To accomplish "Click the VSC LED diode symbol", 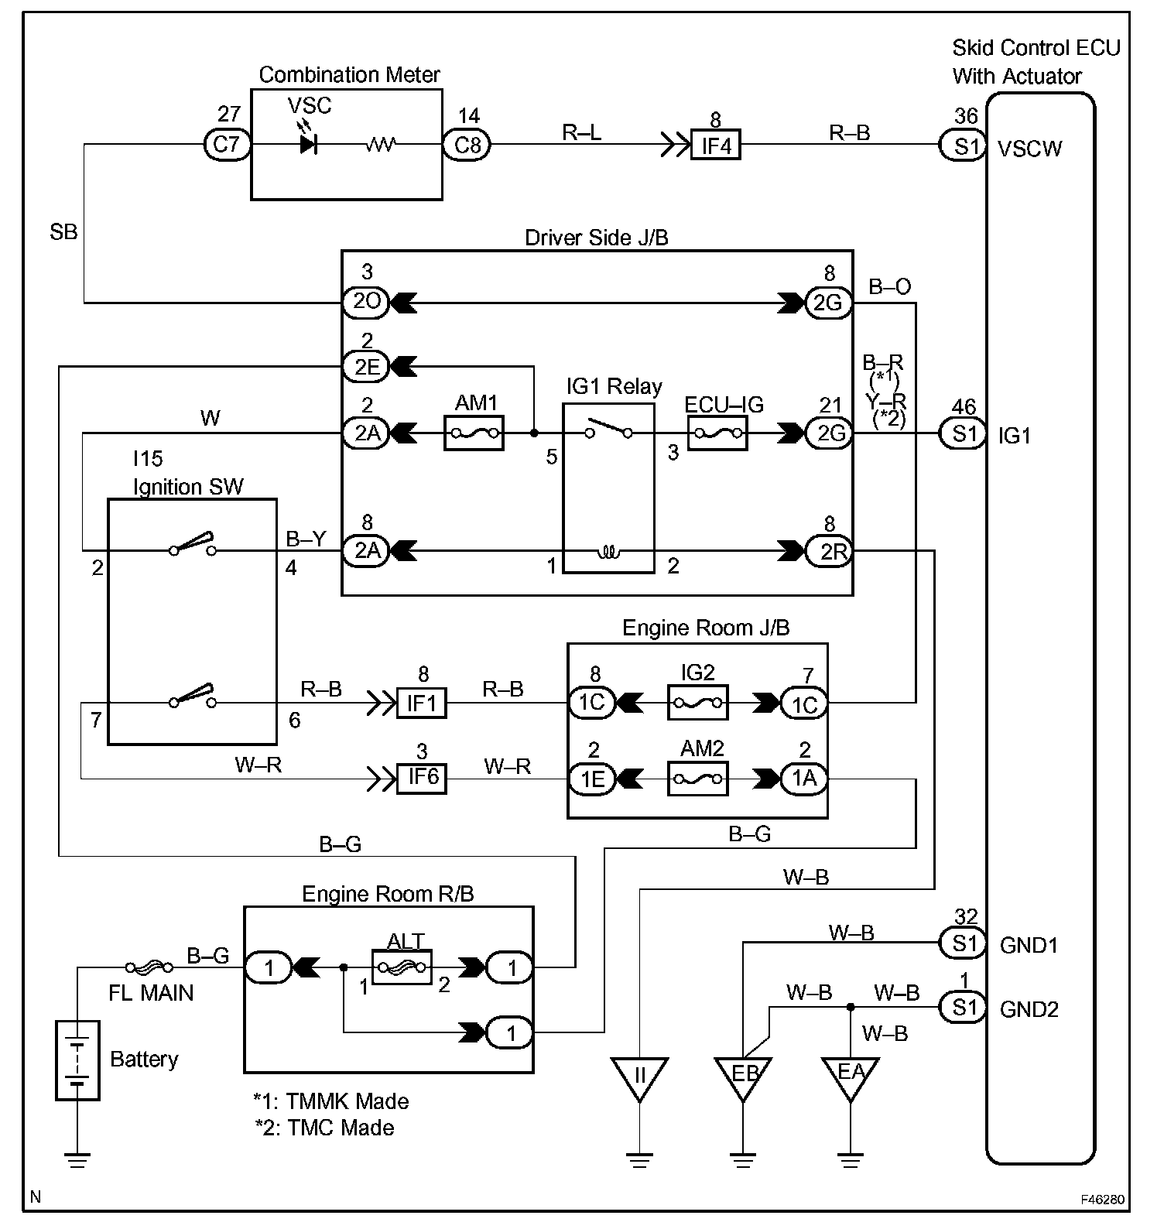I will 309,144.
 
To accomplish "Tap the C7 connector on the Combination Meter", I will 227,144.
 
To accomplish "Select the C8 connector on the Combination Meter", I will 467,144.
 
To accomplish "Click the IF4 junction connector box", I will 716,144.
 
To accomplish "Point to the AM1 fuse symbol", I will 474,433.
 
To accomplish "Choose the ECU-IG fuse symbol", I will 717,433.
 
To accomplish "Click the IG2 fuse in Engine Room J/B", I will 697,703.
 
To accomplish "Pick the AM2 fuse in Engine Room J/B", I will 697,778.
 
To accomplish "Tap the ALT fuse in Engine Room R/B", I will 402,967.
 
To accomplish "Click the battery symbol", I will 77,1060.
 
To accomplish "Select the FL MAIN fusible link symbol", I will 150,967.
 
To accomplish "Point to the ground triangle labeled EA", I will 850,1076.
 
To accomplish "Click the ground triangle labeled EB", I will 742,1076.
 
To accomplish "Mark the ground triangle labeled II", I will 639,1076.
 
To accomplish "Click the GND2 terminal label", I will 1029,1009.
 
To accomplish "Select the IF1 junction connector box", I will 422,703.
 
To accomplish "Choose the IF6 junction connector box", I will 422,776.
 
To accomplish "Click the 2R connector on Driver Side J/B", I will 829,551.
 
